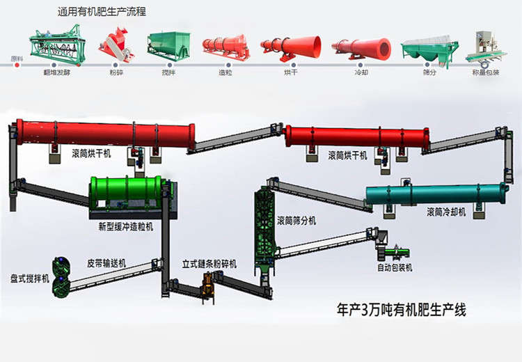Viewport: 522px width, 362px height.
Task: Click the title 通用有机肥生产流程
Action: coord(106,12)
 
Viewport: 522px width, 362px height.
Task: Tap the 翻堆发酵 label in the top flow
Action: coord(58,72)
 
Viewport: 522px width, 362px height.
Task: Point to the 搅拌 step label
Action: coord(169,72)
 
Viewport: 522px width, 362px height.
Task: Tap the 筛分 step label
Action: coord(429,72)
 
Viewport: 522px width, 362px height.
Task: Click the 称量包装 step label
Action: coord(485,72)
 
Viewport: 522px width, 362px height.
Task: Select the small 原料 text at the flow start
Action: coord(17,58)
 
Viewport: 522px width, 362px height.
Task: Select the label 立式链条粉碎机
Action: coord(209,265)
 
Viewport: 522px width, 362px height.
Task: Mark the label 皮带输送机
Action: coord(106,263)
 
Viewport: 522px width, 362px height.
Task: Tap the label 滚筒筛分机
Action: coord(296,221)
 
